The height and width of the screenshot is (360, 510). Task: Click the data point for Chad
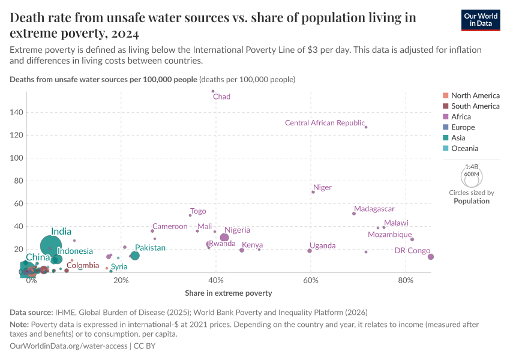tap(213, 91)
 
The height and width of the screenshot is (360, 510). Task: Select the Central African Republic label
tap(325, 123)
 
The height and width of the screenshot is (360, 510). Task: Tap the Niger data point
tap(313, 192)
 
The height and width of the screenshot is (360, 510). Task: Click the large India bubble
tap(51, 245)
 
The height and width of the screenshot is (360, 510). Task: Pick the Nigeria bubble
tap(224, 238)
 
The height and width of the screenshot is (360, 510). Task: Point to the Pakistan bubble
tap(135, 256)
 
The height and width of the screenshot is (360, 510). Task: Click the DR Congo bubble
tap(430, 257)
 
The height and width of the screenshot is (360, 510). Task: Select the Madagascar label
tap(374, 209)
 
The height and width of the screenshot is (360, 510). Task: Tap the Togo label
tap(198, 211)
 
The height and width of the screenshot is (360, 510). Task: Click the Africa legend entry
tap(461, 116)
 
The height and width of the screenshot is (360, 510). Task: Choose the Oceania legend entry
tap(464, 148)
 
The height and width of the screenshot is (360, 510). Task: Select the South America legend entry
tap(475, 106)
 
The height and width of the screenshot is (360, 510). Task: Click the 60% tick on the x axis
tap(311, 280)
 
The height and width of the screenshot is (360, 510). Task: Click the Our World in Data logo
tap(481, 19)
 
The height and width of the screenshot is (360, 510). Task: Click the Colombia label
tap(83, 265)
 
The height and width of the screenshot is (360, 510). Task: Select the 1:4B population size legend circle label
tap(472, 167)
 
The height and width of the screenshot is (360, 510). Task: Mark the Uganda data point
tap(310, 251)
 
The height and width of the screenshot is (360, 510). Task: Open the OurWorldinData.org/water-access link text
tap(69, 346)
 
